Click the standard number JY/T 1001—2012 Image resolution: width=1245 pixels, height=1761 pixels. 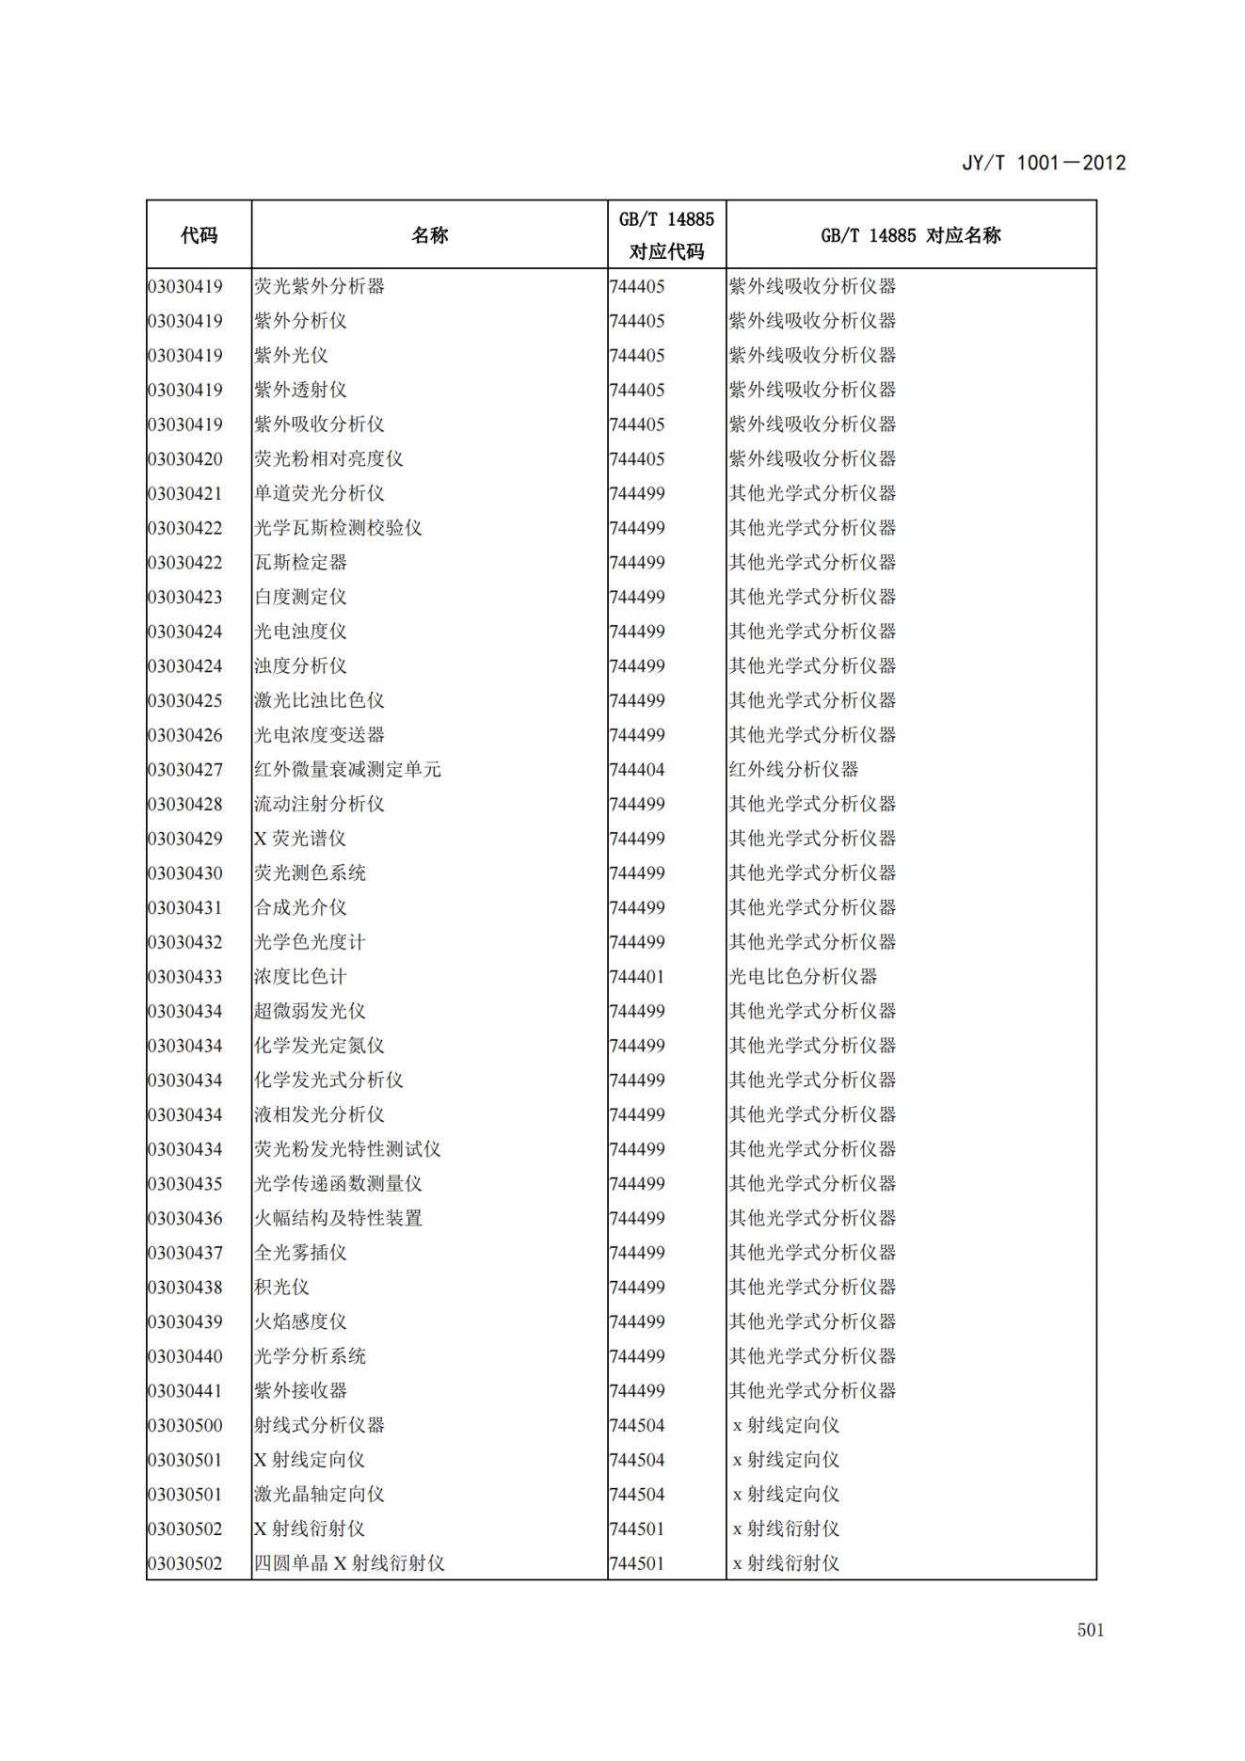coord(1043,163)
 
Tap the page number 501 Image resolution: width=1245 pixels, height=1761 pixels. coord(1090,1630)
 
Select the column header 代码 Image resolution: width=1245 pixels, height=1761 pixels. coord(199,235)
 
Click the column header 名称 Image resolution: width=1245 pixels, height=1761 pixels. coord(429,235)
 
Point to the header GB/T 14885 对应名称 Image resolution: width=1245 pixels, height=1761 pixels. coord(910,235)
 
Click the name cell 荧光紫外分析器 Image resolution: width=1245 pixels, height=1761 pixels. coord(319,286)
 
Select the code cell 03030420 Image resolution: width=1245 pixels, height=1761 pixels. coord(185,459)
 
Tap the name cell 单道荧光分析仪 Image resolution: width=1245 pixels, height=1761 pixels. coord(319,493)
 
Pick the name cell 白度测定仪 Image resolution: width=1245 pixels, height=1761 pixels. coord(300,597)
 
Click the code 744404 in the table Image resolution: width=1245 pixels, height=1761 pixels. coord(637,770)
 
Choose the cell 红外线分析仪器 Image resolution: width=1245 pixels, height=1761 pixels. coord(793,770)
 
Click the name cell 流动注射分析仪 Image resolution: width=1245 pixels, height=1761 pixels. coord(319,804)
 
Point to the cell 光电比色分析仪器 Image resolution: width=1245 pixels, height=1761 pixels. coord(803,977)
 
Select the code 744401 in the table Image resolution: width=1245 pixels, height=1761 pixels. coord(637,977)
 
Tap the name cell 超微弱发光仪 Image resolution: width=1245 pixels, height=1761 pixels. coord(310,1011)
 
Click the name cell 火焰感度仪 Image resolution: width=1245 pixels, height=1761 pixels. coord(300,1321)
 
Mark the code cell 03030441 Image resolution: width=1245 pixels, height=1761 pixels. coord(185,1391)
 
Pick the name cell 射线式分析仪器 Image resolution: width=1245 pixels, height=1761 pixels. coord(319,1425)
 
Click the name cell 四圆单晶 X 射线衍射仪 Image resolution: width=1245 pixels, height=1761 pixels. coord(349,1563)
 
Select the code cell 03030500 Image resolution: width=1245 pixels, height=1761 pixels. coord(185,1425)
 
